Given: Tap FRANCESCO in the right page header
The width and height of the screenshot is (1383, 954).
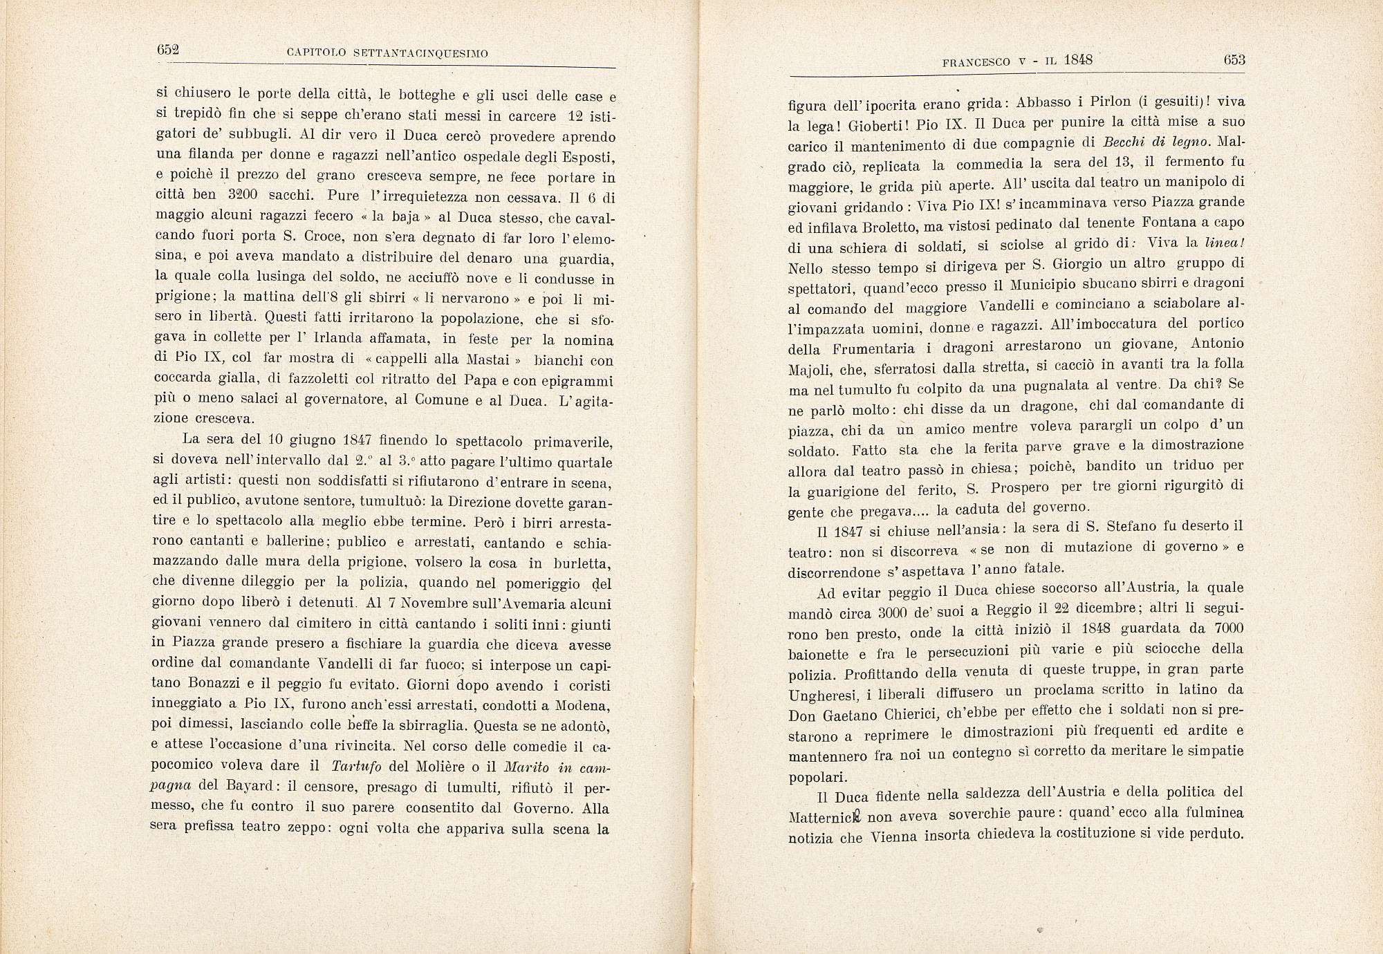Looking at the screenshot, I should pyautogui.click(x=976, y=62).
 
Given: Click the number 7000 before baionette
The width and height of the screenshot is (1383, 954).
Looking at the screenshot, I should pyautogui.click(x=1229, y=628).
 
